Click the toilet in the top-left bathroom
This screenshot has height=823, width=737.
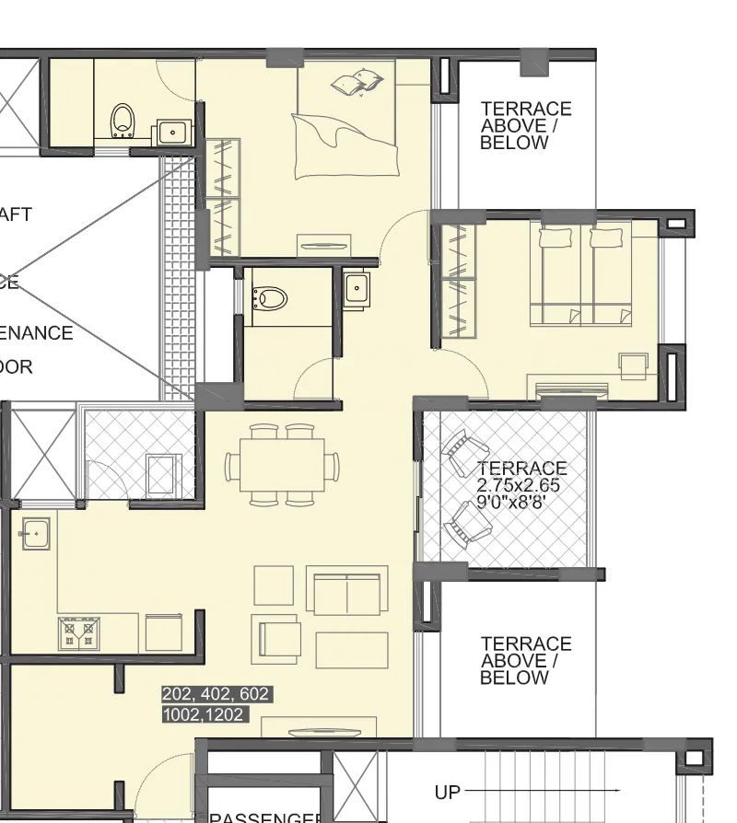(x=123, y=121)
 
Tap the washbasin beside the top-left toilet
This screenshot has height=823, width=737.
(x=171, y=132)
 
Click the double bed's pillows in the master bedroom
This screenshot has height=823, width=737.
(x=357, y=83)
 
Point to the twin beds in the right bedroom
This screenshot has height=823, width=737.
(x=580, y=276)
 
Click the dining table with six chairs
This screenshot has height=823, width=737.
(x=282, y=465)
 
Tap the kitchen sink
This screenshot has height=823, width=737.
(x=35, y=532)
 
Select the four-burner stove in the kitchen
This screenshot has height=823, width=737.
(x=79, y=632)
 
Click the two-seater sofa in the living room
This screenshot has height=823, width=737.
(x=346, y=591)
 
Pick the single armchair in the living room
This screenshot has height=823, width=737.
(x=279, y=637)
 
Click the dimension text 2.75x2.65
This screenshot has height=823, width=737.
(x=518, y=485)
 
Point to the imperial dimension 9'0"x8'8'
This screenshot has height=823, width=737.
(x=518, y=503)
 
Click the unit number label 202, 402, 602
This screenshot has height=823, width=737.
(x=216, y=694)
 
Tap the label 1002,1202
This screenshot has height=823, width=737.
(x=205, y=714)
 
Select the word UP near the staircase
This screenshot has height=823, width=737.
(x=447, y=792)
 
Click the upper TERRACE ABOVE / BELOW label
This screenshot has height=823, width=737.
(x=525, y=126)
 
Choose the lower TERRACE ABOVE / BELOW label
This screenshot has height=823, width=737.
(x=525, y=661)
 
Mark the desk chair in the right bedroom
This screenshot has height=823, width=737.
(x=634, y=365)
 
